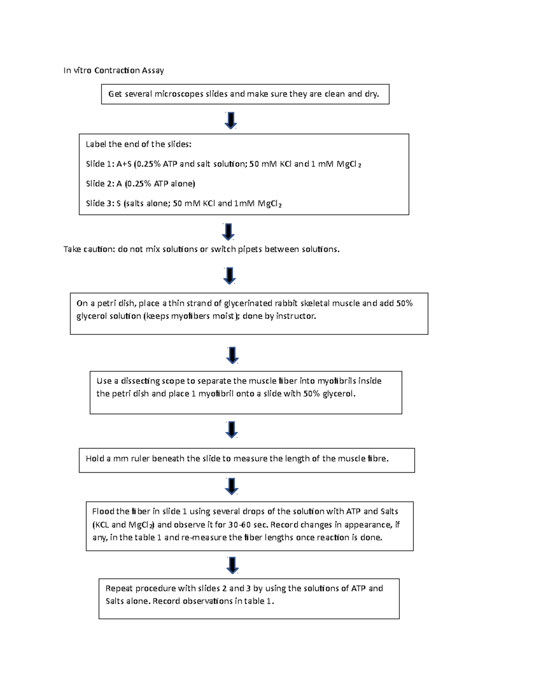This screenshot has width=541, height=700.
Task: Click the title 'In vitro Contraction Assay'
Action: point(114,70)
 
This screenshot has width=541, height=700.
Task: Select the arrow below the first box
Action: point(231,121)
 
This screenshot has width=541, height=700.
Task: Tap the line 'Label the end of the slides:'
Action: point(138,144)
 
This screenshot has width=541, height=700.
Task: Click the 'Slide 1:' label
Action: point(100,164)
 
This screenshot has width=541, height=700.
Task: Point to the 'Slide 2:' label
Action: point(100,183)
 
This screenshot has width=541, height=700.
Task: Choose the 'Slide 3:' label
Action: point(100,203)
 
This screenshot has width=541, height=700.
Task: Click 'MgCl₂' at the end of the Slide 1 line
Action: point(348,165)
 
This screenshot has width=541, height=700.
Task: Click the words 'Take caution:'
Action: point(89,249)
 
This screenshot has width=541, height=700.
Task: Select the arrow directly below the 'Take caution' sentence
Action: point(229,276)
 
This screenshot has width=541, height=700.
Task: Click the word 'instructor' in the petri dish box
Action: point(295,316)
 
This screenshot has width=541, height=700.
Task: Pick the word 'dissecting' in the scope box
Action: point(140,381)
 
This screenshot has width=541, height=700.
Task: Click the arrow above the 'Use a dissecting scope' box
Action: point(232,355)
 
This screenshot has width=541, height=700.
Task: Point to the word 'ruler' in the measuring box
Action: point(140,459)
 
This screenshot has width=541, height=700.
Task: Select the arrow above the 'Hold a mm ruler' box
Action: point(231,430)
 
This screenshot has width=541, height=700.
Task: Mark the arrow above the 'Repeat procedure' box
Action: point(232,565)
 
